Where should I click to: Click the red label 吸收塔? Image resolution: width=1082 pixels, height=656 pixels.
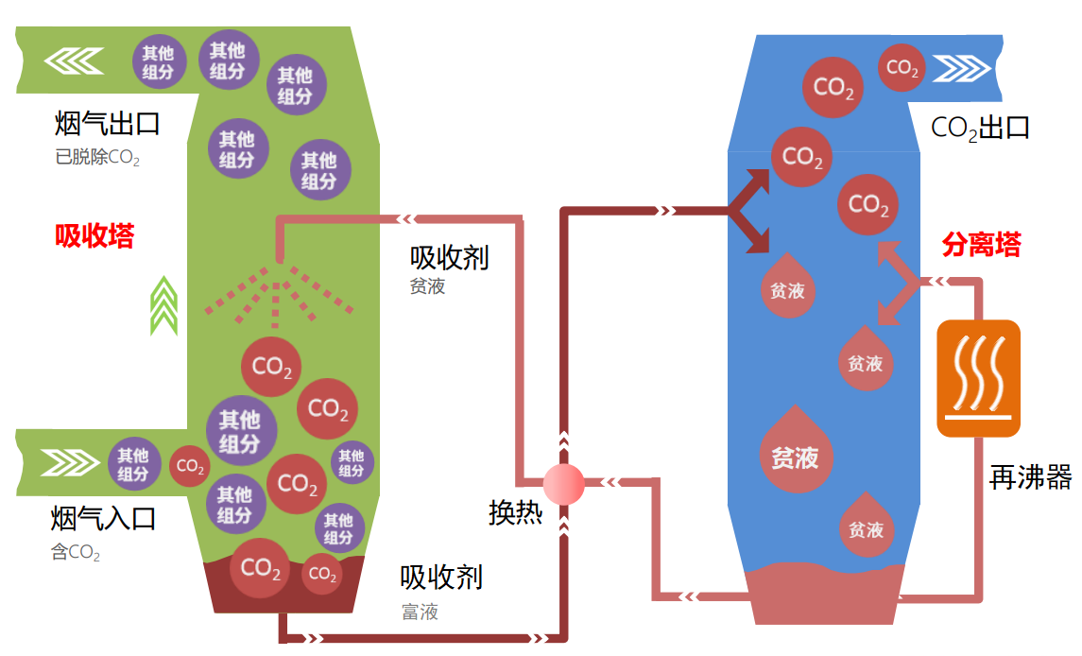(x=94, y=236)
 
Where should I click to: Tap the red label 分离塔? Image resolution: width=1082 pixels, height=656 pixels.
(x=981, y=245)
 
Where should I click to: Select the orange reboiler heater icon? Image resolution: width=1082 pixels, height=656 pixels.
(x=978, y=378)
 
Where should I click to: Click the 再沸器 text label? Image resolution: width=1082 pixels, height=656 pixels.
(x=1030, y=477)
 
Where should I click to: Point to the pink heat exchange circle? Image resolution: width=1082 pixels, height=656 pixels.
(x=564, y=483)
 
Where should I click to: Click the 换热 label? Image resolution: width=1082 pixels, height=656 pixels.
(x=515, y=512)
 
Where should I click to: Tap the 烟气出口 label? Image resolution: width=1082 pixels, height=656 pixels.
(x=108, y=124)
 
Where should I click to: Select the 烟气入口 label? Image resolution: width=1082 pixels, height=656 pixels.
(x=104, y=518)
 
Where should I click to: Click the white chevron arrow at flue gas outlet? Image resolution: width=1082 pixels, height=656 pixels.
(x=74, y=60)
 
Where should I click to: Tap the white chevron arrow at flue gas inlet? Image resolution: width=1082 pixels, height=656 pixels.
(x=70, y=462)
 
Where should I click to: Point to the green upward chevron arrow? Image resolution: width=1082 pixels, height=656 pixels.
(x=164, y=306)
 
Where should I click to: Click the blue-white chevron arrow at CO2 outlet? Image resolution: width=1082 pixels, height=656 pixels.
(x=961, y=68)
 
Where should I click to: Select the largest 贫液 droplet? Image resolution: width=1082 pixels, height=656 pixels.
(x=796, y=449)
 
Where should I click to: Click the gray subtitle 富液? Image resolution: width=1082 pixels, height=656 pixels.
(x=420, y=612)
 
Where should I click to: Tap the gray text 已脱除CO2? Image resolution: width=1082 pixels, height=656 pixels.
(x=97, y=158)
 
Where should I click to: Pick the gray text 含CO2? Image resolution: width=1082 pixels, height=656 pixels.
(x=76, y=552)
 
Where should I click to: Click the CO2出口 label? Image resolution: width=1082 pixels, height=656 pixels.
(x=980, y=128)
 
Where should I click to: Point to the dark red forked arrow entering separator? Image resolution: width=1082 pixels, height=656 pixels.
(x=748, y=211)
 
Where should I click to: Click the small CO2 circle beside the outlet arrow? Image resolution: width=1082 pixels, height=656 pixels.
(x=902, y=68)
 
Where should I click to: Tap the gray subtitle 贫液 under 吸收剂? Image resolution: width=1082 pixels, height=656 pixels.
(x=427, y=285)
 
